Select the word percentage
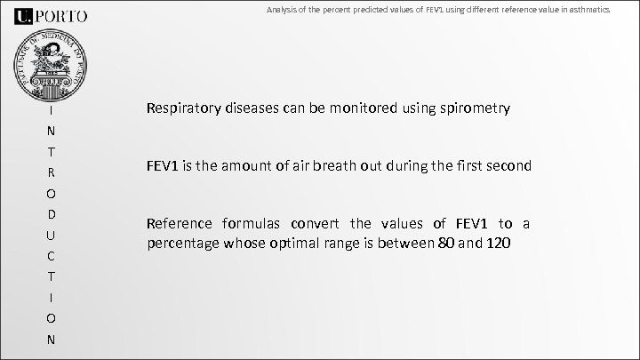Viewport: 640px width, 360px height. (182, 243)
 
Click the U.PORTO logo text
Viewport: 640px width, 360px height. (52, 15)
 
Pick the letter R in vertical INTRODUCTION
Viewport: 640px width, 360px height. (52, 172)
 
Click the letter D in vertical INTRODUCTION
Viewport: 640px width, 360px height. (52, 215)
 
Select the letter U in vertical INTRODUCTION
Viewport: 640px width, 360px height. (52, 236)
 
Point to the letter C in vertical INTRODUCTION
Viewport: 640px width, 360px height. (52, 257)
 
